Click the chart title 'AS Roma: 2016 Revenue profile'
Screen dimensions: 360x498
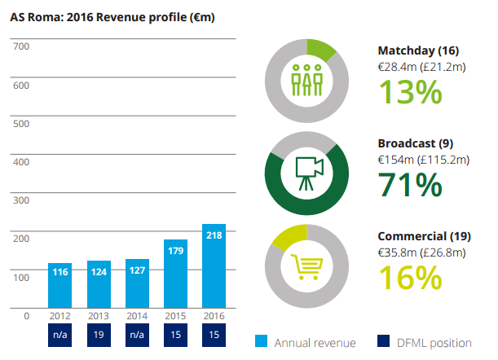tap(112, 16)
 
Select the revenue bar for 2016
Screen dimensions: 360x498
tap(214, 269)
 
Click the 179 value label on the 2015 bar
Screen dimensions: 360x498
tap(175, 252)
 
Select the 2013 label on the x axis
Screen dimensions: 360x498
tap(99, 315)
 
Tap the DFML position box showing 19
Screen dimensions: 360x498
tap(99, 335)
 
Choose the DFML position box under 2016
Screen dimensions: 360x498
tap(214, 335)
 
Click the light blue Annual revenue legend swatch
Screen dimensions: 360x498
tap(262, 342)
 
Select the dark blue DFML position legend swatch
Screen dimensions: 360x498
tap(384, 342)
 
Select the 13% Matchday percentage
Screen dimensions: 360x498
tap(409, 91)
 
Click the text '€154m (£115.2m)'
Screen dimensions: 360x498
tap(423, 159)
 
